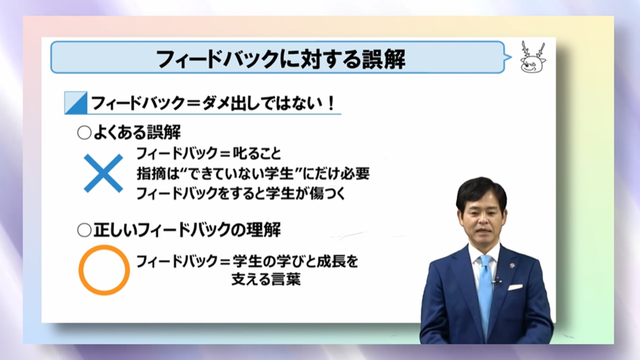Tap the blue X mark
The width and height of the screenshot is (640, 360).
pos(103,173)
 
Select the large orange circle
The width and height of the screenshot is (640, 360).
pos(104,270)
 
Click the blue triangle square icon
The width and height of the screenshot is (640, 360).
pos(76,103)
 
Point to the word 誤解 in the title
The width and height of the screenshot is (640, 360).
pos(384,59)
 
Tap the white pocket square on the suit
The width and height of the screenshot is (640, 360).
pos(515,287)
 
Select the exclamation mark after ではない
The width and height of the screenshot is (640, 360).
pos(331,103)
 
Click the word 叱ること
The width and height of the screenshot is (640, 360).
pos(257,154)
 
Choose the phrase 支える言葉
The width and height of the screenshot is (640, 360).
pos(266,279)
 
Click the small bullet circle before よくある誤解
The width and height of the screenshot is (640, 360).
pos(84,133)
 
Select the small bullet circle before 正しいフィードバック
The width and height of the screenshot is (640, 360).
pos(84,230)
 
